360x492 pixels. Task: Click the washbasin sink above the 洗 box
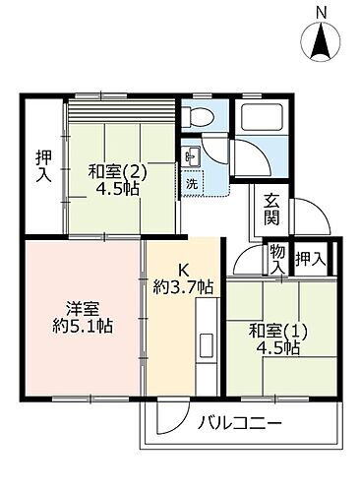tap(192, 155)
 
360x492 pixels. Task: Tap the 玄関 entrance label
tap(272, 208)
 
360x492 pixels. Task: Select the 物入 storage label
tap(277, 260)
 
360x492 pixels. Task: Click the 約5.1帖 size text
tap(83, 326)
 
